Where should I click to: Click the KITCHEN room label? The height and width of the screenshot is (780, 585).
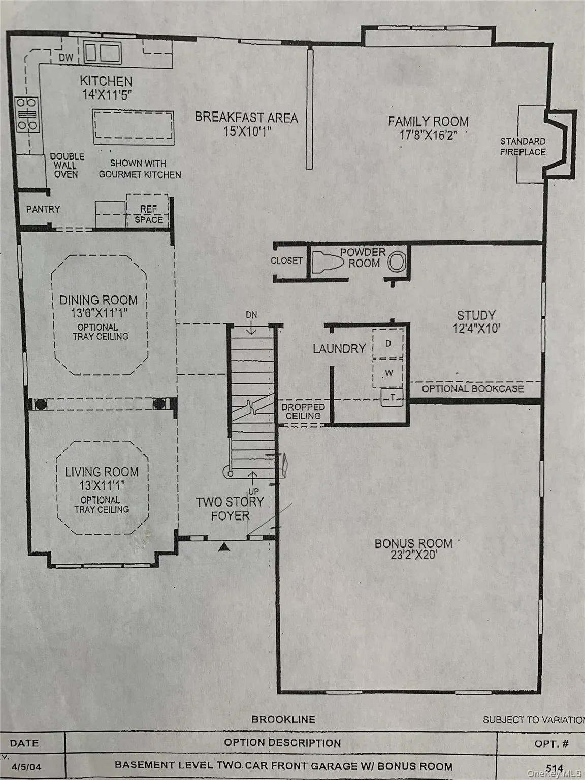[x=106, y=81]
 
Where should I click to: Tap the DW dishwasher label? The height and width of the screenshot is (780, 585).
[x=66, y=58]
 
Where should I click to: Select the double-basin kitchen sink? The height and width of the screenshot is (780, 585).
[x=103, y=53]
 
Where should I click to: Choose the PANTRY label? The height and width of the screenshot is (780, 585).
[x=43, y=209]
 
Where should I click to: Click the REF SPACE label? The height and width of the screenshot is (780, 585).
[x=148, y=214]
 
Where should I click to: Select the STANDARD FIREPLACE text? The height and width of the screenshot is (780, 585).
[x=523, y=147]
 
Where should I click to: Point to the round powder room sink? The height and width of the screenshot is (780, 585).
[x=397, y=263]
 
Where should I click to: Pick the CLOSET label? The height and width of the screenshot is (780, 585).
[x=286, y=261]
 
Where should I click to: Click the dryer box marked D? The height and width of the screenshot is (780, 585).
[x=388, y=344]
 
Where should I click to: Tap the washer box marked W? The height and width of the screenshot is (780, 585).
[x=389, y=373]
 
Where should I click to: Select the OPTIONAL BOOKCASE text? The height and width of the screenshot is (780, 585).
[x=473, y=389]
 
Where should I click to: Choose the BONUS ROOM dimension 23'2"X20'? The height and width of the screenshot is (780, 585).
[x=413, y=555]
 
